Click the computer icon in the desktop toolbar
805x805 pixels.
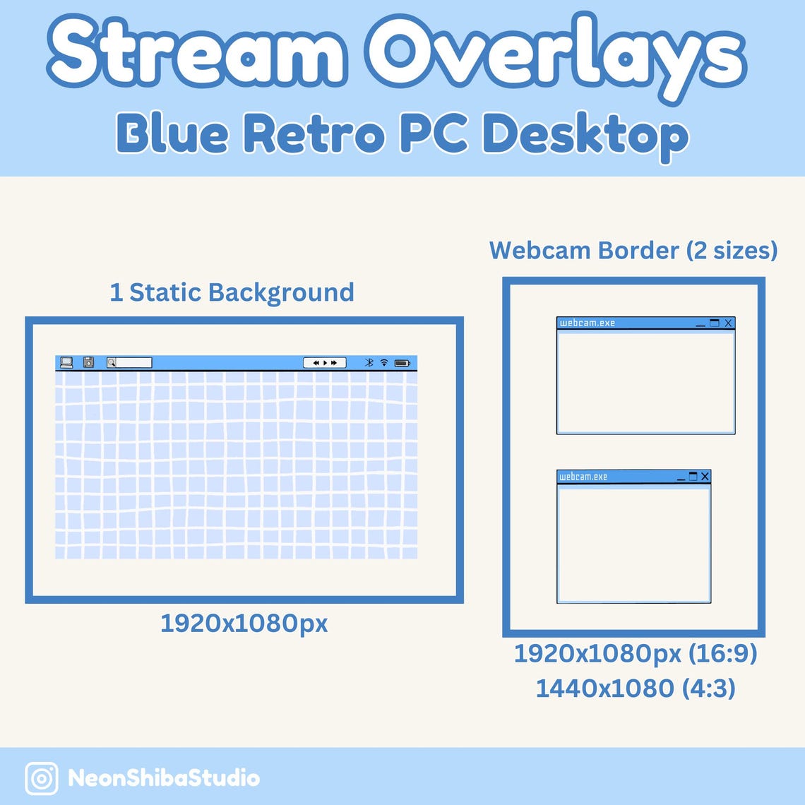[x=66, y=362]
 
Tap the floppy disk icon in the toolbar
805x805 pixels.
[x=88, y=362]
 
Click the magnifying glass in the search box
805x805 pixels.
[x=112, y=363]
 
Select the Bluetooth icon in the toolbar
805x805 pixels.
[x=369, y=362]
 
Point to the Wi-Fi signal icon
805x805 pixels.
[x=384, y=362]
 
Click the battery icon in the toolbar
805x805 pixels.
[x=402, y=363]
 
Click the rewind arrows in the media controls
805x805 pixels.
[x=316, y=363]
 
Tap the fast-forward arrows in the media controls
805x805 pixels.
[x=334, y=363]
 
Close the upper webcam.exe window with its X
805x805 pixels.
[x=728, y=323]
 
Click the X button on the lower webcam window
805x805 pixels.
[x=704, y=477]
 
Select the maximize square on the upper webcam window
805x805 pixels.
[x=714, y=323]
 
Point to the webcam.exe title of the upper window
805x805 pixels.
[x=587, y=323]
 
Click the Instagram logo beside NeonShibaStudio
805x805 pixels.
[x=42, y=778]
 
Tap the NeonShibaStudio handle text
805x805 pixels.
[x=164, y=778]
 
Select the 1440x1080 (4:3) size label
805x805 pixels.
[x=635, y=688]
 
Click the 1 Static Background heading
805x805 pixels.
[x=232, y=292]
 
